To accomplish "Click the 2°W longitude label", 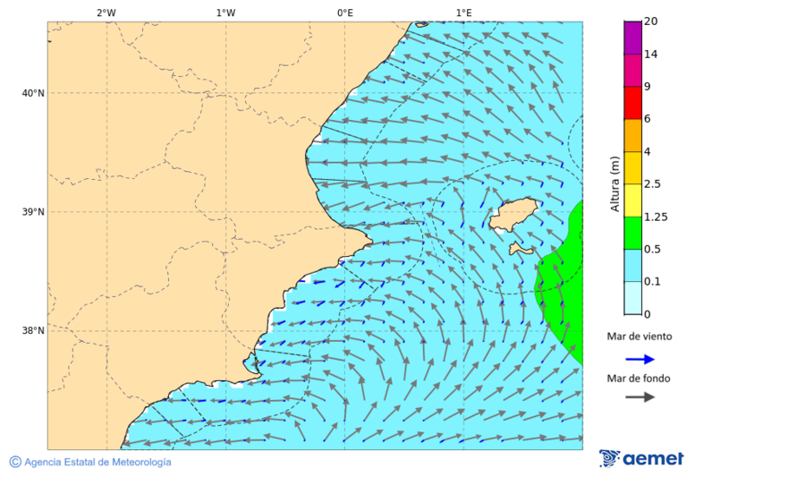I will click(106, 13).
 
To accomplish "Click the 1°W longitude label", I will click(225, 13).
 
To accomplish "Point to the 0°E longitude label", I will click(344, 13).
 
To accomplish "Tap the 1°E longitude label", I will click(464, 13).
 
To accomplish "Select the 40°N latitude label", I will click(33, 93).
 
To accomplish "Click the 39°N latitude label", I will click(33, 212).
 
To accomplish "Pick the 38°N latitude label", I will click(33, 331).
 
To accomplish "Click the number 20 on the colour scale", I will click(650, 21).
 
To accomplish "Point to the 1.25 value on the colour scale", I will click(657, 217).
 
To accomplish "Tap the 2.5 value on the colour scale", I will click(652, 184).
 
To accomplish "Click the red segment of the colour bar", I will click(632, 102).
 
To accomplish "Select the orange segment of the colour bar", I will click(632, 135).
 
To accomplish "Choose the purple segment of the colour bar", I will click(632, 37).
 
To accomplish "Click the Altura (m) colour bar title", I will click(614, 183).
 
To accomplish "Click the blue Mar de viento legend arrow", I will click(640, 359).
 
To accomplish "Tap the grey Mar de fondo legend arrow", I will click(640, 397).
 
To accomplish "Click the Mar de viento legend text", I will click(639, 336).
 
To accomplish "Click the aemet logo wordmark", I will click(653, 459).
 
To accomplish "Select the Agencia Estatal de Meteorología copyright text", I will click(97, 463).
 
